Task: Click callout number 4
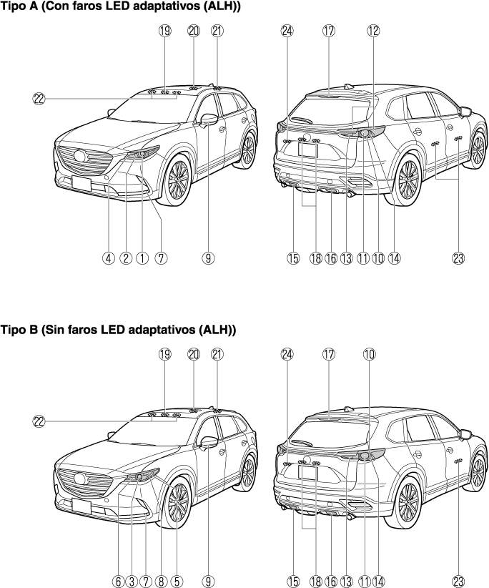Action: click(x=108, y=258)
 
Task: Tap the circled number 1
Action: click(x=142, y=258)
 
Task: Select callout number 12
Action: click(x=372, y=31)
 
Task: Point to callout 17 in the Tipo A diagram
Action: click(x=328, y=31)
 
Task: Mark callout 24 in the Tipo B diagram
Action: click(x=287, y=353)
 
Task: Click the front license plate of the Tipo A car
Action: click(x=81, y=182)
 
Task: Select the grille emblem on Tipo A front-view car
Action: click(x=76, y=157)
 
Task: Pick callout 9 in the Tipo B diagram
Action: click(x=208, y=581)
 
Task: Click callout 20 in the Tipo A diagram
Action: click(x=193, y=31)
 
